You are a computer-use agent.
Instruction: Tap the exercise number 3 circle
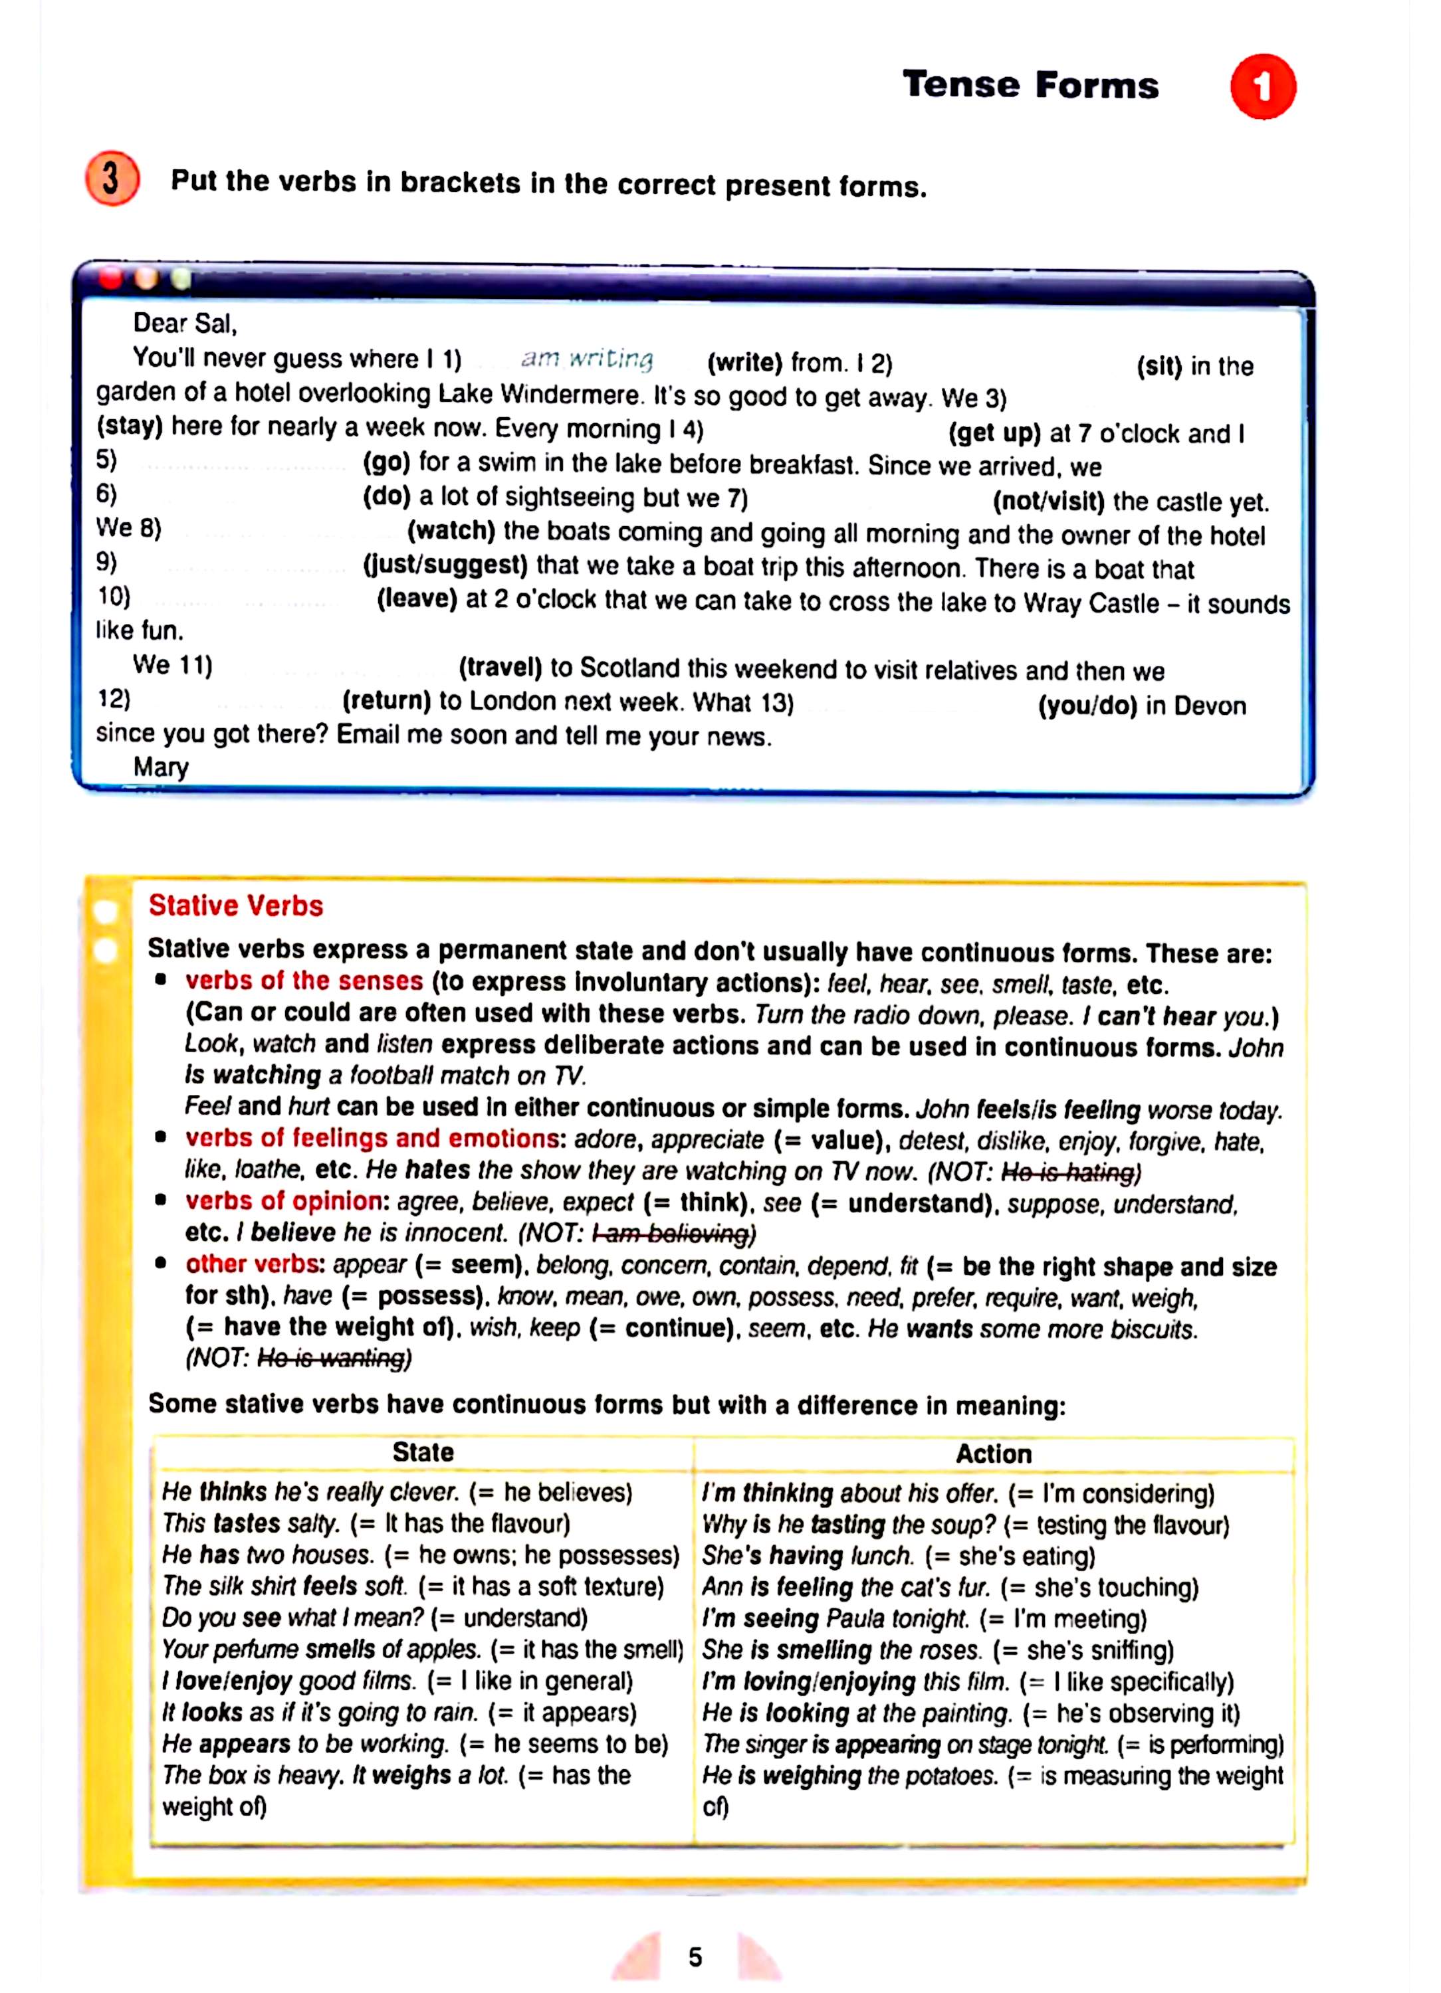(112, 179)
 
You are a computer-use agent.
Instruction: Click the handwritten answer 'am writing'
(586, 359)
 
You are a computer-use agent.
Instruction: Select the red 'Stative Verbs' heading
(235, 906)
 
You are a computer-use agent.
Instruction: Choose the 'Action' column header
(994, 1454)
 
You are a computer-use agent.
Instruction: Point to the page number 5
(695, 1957)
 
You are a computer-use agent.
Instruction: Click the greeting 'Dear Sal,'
(185, 324)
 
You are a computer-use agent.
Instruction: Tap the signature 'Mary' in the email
(161, 767)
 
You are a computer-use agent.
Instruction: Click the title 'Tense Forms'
(1030, 85)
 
